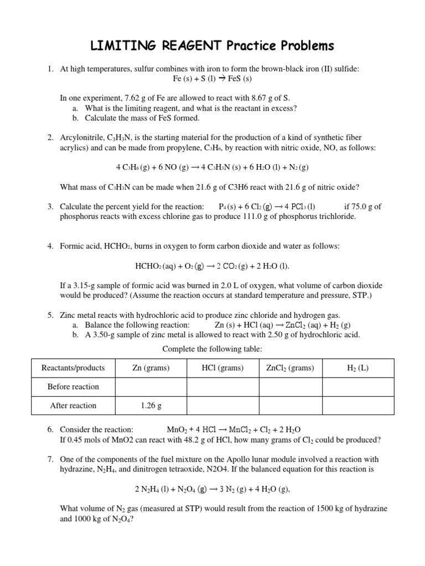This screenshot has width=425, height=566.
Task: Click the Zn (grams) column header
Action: (151, 368)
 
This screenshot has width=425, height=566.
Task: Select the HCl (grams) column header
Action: (223, 368)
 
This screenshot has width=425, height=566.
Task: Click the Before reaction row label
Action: (73, 386)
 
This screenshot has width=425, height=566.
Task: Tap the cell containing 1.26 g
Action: (151, 405)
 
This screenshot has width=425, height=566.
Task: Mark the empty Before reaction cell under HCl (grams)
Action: (223, 386)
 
